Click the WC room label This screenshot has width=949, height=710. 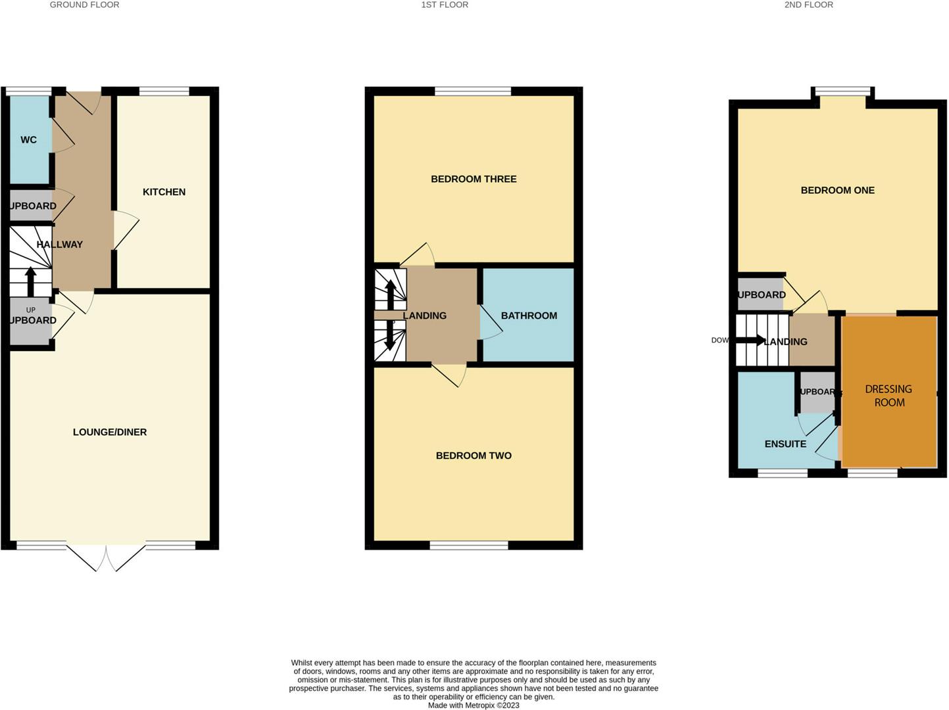click(x=28, y=139)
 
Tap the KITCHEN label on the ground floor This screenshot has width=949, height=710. click(x=164, y=192)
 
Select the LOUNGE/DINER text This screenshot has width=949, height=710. click(x=110, y=432)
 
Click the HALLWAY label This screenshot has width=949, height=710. click(x=60, y=245)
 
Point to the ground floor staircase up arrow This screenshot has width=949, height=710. click(x=30, y=281)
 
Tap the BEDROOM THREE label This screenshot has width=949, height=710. click(x=474, y=179)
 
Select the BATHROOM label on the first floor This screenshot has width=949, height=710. click(x=529, y=316)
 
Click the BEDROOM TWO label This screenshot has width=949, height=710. click(x=474, y=456)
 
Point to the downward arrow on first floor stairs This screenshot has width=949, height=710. click(x=390, y=336)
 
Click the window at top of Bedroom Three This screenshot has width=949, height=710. click(x=472, y=91)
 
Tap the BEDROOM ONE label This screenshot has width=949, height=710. click(x=837, y=191)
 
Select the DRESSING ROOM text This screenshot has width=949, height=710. click(x=888, y=396)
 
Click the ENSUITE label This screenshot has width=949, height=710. click(x=785, y=444)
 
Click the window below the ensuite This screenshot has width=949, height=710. click(x=783, y=473)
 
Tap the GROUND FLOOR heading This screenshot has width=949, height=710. click(x=85, y=5)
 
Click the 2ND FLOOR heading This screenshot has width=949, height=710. click(x=808, y=5)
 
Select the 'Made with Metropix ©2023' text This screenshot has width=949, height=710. click(x=474, y=705)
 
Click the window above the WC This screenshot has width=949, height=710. click(x=28, y=91)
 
